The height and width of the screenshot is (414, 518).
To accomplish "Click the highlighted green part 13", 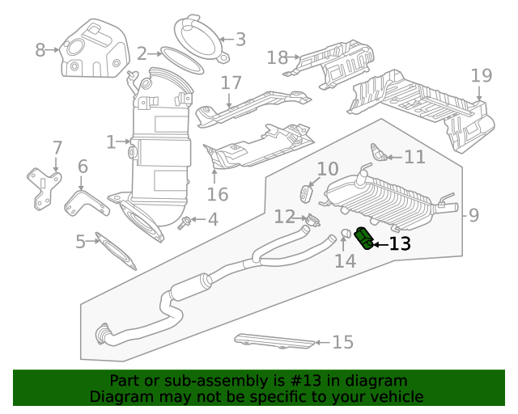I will [364, 239].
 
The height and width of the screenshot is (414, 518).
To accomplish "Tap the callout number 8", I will [40, 50].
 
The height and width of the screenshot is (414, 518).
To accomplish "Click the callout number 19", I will [481, 76].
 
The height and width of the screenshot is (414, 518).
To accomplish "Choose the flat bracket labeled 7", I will [45, 187].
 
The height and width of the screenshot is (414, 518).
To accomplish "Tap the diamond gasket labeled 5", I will [118, 251].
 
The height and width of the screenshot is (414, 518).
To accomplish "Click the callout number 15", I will [343, 343].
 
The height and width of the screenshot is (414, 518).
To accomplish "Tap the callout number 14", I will [346, 261].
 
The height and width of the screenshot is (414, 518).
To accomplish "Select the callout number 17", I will [231, 82].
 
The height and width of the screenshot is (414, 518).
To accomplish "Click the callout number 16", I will [218, 194].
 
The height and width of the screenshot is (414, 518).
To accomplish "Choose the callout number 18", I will [277, 57].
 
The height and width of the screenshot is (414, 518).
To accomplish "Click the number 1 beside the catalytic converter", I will [111, 143].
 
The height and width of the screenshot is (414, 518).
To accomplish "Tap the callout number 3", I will [240, 38].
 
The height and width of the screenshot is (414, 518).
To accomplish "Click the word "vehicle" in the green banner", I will [394, 397].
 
